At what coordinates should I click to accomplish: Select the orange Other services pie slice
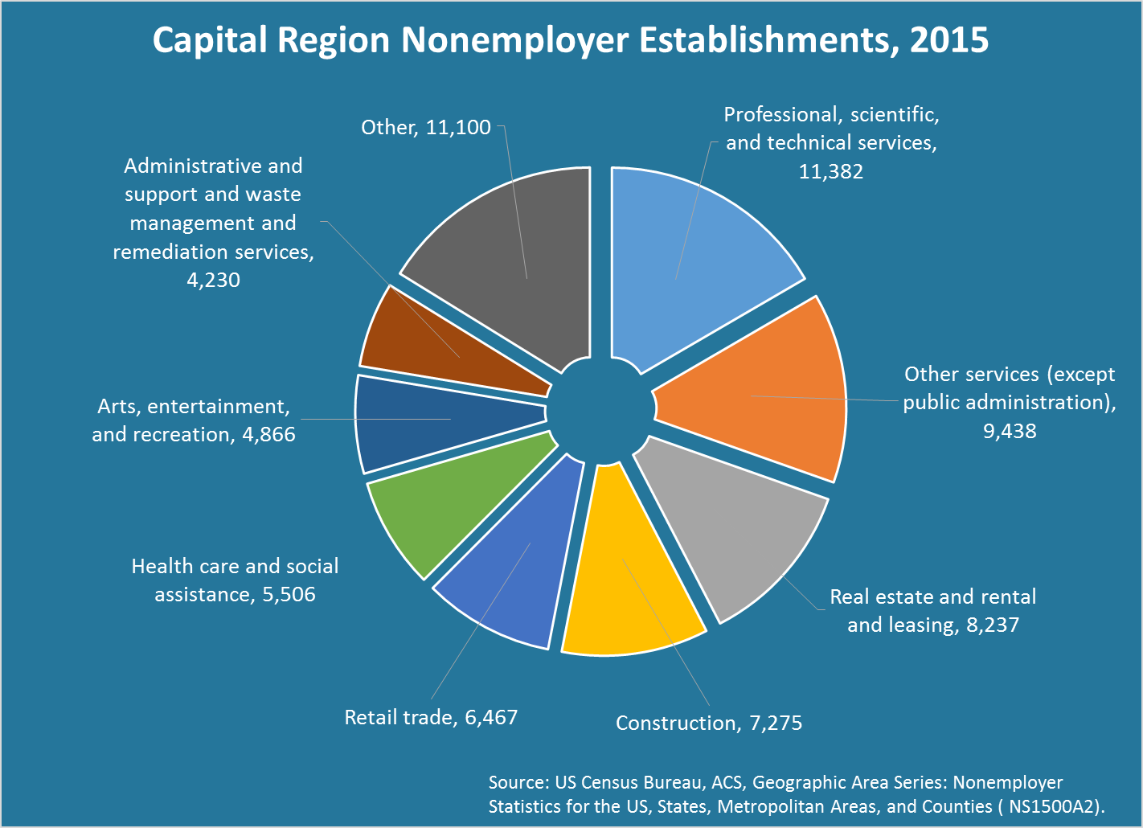[764, 394]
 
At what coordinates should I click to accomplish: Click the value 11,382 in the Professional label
[830, 171]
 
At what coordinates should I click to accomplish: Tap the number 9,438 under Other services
[1010, 432]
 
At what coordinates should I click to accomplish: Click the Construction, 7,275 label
[708, 723]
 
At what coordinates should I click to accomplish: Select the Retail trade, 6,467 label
[431, 717]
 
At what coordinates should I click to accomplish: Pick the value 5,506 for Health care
[289, 595]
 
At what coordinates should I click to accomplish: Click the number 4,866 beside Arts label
[268, 435]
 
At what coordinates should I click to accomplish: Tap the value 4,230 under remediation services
[213, 281]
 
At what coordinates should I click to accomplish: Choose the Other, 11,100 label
[425, 128]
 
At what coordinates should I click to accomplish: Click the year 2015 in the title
[948, 40]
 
